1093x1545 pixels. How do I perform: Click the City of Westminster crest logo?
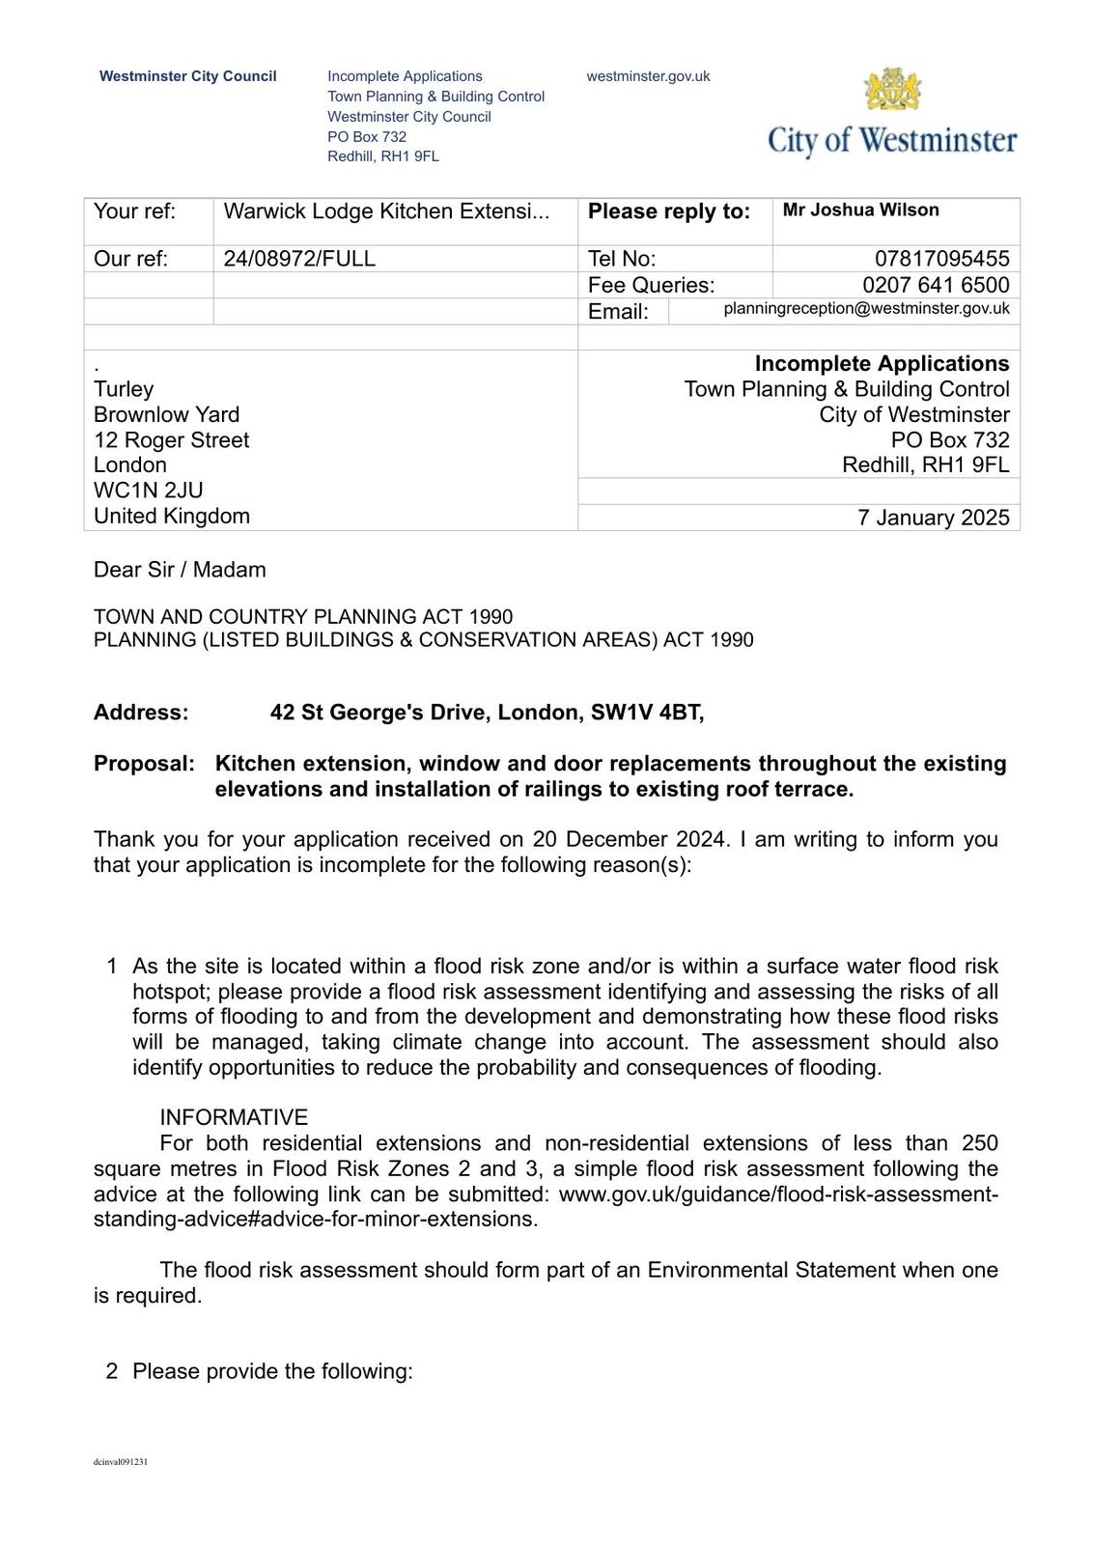pyautogui.click(x=892, y=91)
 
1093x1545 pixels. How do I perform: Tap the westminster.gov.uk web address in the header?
pyautogui.click(x=648, y=76)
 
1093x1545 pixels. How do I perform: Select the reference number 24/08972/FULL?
pyautogui.click(x=299, y=259)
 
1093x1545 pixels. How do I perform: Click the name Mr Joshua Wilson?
pyautogui.click(x=860, y=211)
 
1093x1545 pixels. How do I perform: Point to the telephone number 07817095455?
pyautogui.click(x=941, y=259)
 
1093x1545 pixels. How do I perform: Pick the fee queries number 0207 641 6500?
pyautogui.click(x=936, y=285)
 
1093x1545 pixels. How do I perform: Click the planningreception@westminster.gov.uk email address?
pyautogui.click(x=866, y=309)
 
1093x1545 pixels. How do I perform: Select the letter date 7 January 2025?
pyautogui.click(x=933, y=518)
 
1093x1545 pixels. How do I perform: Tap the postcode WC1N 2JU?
pyautogui.click(x=148, y=491)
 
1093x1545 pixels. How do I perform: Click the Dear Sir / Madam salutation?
pyautogui.click(x=180, y=570)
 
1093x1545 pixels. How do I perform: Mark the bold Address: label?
pyautogui.click(x=141, y=713)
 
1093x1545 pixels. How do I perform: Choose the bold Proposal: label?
pyautogui.click(x=144, y=764)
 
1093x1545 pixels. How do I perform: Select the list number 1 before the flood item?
pyautogui.click(x=112, y=967)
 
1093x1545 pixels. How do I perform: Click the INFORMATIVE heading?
pyautogui.click(x=234, y=1118)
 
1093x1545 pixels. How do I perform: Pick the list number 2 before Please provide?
pyautogui.click(x=112, y=1372)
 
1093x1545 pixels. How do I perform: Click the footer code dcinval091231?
pyautogui.click(x=121, y=1462)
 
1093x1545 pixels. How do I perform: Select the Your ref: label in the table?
pyautogui.click(x=134, y=211)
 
